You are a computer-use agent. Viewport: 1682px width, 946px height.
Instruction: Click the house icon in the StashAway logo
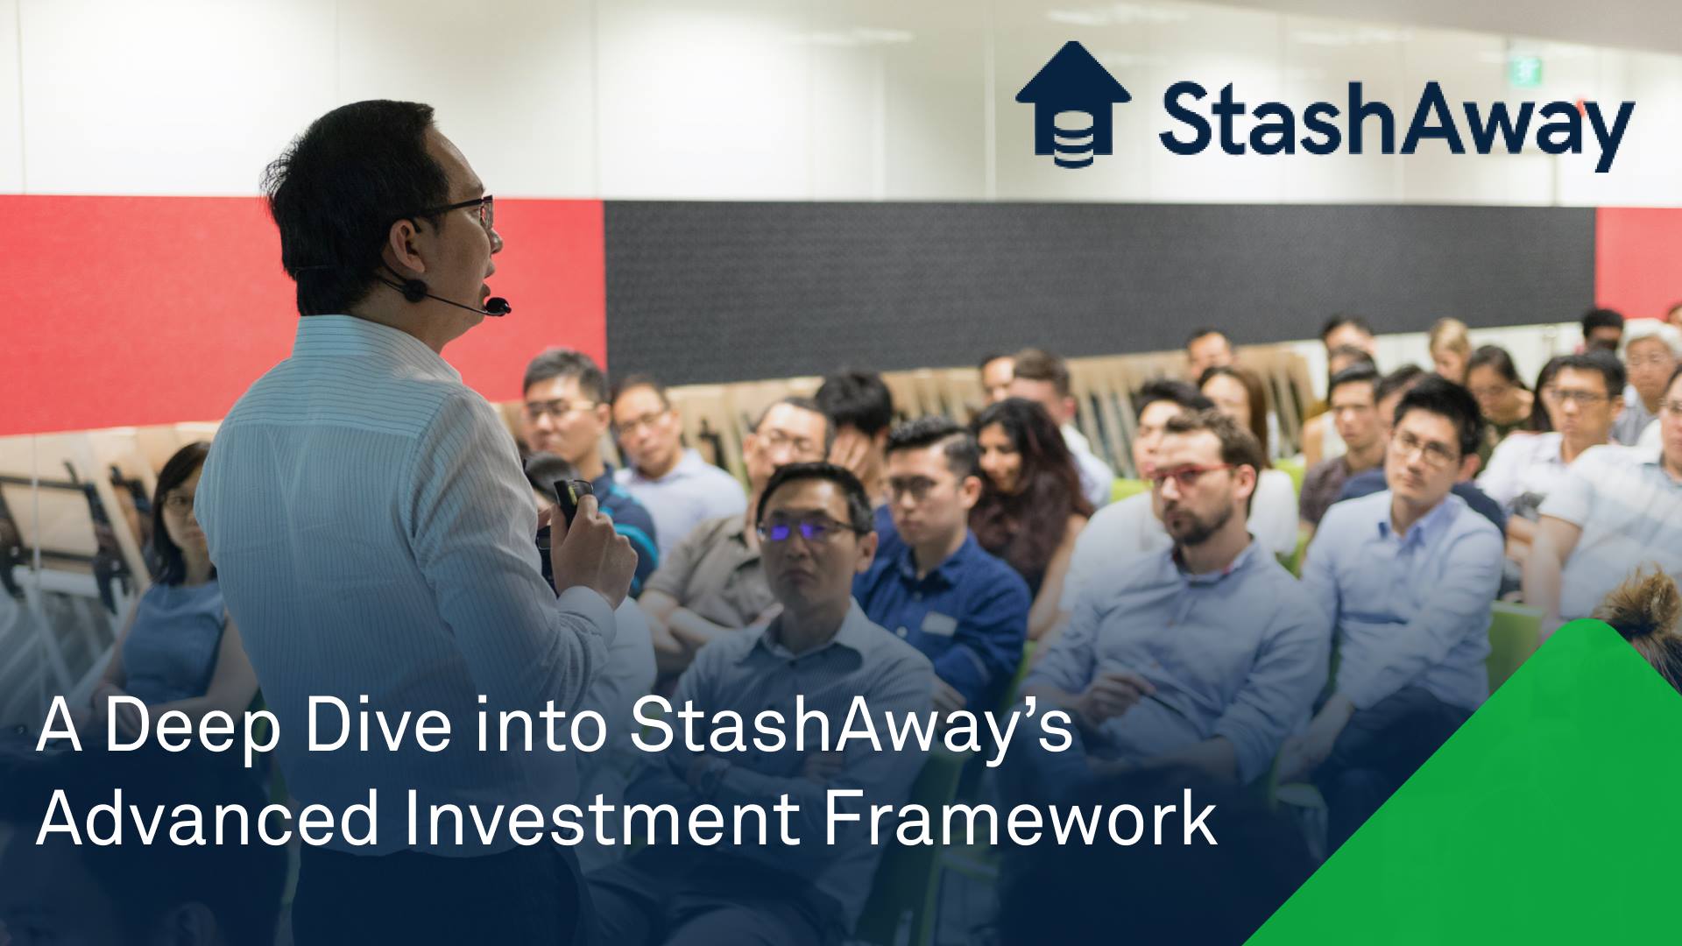1072,104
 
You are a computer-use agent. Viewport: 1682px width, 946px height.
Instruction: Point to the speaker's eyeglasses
473,210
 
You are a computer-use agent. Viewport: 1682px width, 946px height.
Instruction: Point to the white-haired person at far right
1651,359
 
